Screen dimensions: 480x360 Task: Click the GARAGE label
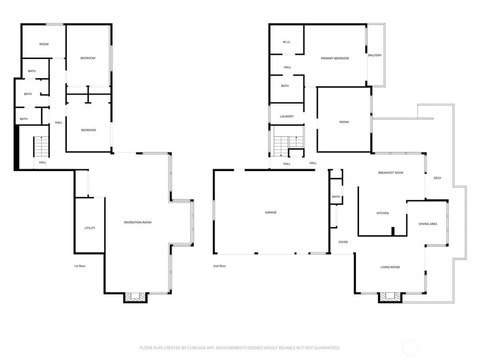[x=271, y=212]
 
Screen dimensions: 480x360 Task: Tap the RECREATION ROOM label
[x=138, y=222]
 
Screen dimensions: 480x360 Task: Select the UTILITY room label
[x=90, y=228]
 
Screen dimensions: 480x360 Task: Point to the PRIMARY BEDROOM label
[x=334, y=58]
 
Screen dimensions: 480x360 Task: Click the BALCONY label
[x=374, y=56]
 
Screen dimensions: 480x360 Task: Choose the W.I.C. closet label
[x=286, y=42]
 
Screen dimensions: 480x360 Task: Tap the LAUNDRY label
[x=286, y=117]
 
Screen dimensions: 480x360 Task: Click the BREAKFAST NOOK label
[x=391, y=173]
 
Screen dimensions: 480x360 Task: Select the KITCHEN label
[x=383, y=213]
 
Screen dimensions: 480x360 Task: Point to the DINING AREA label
[x=428, y=224]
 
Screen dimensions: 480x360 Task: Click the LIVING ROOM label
[x=390, y=267]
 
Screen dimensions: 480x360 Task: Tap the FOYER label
[x=343, y=242]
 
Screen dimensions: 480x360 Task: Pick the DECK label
[x=438, y=178]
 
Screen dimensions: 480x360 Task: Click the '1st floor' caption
[x=79, y=266]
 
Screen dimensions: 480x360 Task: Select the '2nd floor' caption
[x=220, y=266]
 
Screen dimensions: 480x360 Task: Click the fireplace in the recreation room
[x=136, y=297]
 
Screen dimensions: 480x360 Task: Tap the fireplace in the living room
[x=390, y=297]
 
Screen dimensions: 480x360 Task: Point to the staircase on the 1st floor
[x=41, y=146]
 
